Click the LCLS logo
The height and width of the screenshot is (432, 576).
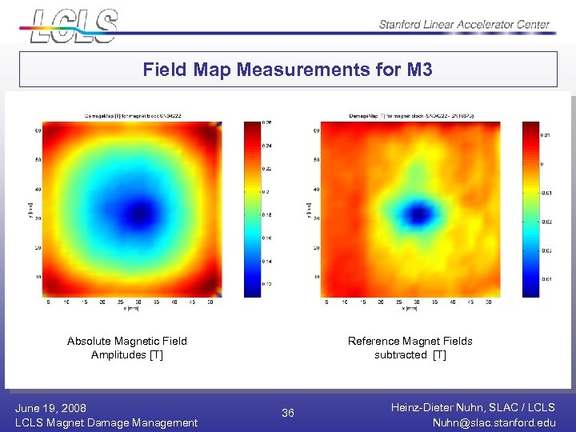coord(74,24)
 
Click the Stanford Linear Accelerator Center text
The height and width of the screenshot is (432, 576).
coord(464,24)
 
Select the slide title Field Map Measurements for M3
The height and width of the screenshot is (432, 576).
coord(288,70)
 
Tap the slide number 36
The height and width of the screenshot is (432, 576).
coord(288,413)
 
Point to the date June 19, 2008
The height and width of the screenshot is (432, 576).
coord(50,408)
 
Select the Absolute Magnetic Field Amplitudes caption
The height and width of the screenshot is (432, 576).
coord(127,348)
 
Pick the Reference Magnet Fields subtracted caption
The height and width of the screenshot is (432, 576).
coord(410,348)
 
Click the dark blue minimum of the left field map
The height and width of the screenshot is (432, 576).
coord(142,212)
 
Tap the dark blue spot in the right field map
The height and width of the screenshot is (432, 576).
coord(418,214)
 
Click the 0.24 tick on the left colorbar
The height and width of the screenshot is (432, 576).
coord(268,146)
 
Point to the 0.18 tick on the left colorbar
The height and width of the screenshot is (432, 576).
coord(268,215)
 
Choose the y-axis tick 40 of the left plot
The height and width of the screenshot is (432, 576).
coord(38,190)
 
